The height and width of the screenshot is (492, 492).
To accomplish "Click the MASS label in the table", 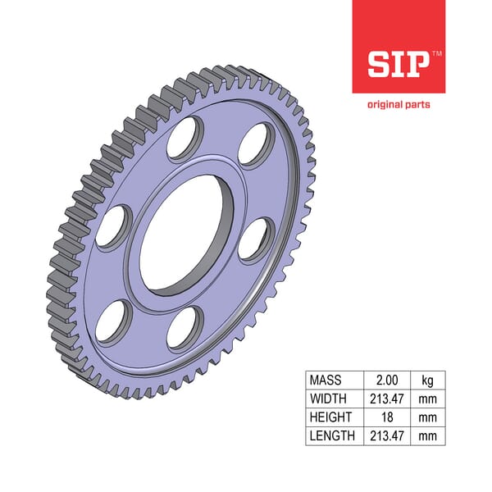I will point(326,381).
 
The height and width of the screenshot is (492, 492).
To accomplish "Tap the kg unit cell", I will point(428,381).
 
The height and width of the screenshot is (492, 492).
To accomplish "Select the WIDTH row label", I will point(329,399).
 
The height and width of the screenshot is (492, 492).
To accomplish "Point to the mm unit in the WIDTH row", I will point(428,399).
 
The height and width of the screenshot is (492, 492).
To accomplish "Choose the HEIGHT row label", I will point(330,417).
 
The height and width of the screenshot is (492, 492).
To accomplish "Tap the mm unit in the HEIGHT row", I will point(428,417).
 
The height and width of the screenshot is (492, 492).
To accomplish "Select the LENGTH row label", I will point(332,435).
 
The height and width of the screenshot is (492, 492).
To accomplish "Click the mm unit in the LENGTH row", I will point(428,435).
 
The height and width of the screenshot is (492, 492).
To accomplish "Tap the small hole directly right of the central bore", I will point(257,239).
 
